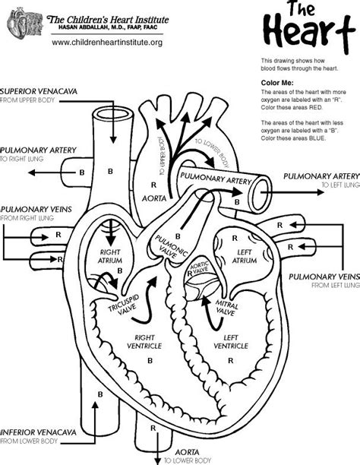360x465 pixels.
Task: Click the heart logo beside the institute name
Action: [x=23, y=26]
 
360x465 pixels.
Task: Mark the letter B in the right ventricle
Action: [x=150, y=358]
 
